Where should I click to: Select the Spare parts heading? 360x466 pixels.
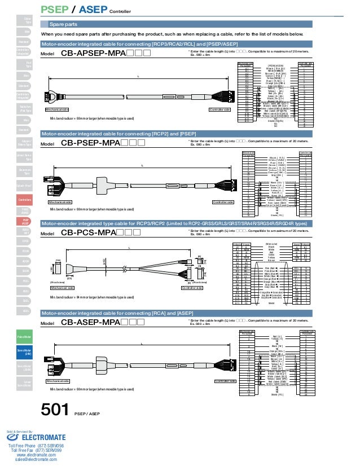pos(64,24)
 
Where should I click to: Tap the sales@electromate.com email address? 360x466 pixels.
pos(36,460)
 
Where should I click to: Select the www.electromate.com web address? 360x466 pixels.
pos(36,455)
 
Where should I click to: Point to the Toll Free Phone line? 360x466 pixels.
pos(36,446)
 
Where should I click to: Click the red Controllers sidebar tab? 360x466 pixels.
pos(25,200)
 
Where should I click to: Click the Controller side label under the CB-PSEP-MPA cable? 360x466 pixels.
pos(223,201)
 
